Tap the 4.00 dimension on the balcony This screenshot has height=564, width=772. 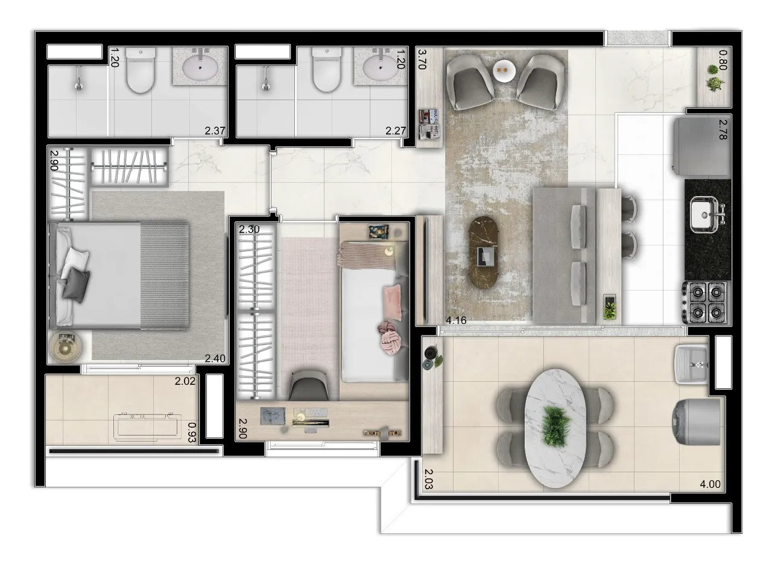pyautogui.click(x=709, y=483)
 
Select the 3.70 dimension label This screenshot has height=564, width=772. pyautogui.click(x=422, y=60)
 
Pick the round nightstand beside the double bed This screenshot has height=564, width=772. pyautogui.click(x=65, y=347)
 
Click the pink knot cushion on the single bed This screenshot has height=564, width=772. pyautogui.click(x=385, y=334)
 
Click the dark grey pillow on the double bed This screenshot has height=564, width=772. pyautogui.click(x=75, y=284)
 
